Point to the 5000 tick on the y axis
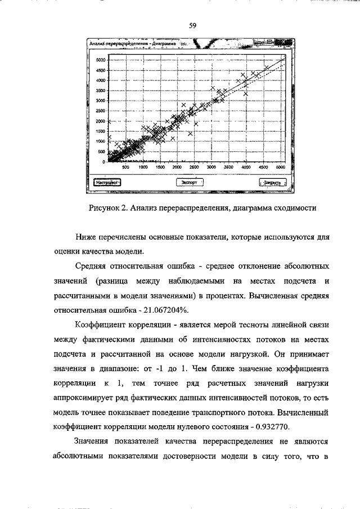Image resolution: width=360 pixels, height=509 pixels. [101, 60]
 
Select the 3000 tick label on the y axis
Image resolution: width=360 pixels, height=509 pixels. [101, 101]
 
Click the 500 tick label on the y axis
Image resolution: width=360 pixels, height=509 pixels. [102, 152]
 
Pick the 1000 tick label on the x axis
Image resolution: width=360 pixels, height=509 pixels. [142, 168]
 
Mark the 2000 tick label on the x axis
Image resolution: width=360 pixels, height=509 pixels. [177, 168]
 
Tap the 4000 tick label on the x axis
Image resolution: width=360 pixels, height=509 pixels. [246, 168]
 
